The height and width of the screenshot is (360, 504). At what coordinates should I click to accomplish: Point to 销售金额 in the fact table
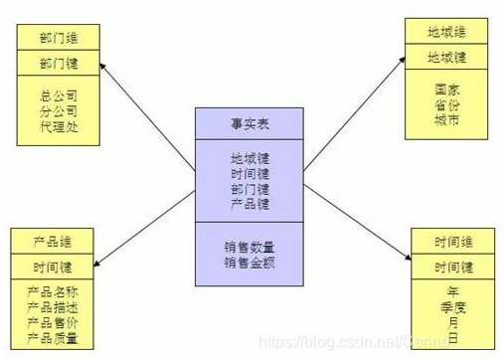pyautogui.click(x=250, y=263)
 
